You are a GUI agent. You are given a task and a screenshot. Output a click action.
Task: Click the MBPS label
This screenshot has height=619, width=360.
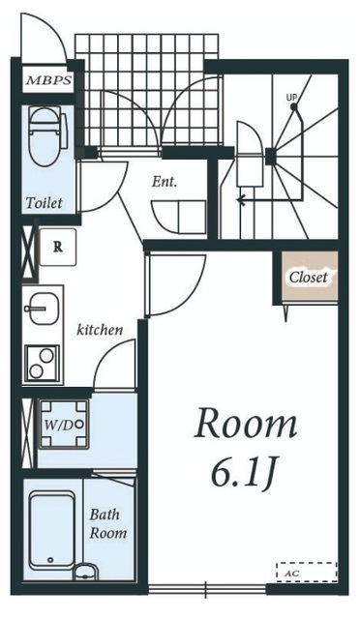coord(49,80)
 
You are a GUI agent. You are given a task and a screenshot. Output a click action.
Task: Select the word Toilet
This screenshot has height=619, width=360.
coord(45,203)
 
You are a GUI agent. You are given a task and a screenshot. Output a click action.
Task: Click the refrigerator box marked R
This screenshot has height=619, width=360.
coord(58,248)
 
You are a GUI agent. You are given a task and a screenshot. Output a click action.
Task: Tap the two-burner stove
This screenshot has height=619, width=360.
coord(42,364)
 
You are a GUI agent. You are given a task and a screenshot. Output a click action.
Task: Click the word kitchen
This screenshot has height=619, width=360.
coord(100,330)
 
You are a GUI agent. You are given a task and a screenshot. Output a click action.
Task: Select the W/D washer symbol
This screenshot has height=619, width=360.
coord(63,425)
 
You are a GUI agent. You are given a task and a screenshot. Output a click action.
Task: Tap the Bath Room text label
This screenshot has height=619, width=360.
coord(107,523)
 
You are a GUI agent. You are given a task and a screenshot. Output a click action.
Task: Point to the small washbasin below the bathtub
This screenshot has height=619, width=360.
coord(86,572)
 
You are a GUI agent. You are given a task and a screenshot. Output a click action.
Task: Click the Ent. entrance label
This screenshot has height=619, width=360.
coord(165,182)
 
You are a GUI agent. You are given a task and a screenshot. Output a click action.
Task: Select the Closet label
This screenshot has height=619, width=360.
coord(309,277)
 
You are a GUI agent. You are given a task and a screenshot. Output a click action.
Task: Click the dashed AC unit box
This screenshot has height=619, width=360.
coord(307,572)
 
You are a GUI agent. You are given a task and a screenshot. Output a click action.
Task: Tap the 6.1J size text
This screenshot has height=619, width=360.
coord(244,472)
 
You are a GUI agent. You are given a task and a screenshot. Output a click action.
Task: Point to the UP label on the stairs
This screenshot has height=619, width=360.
coord(292,97)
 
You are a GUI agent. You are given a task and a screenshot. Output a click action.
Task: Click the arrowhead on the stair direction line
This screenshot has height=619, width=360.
coord(239,200)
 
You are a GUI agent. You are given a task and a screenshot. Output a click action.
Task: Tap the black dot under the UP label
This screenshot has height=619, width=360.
coord(293,106)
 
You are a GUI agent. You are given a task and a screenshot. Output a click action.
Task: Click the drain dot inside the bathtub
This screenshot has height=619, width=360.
coord(50,559)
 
